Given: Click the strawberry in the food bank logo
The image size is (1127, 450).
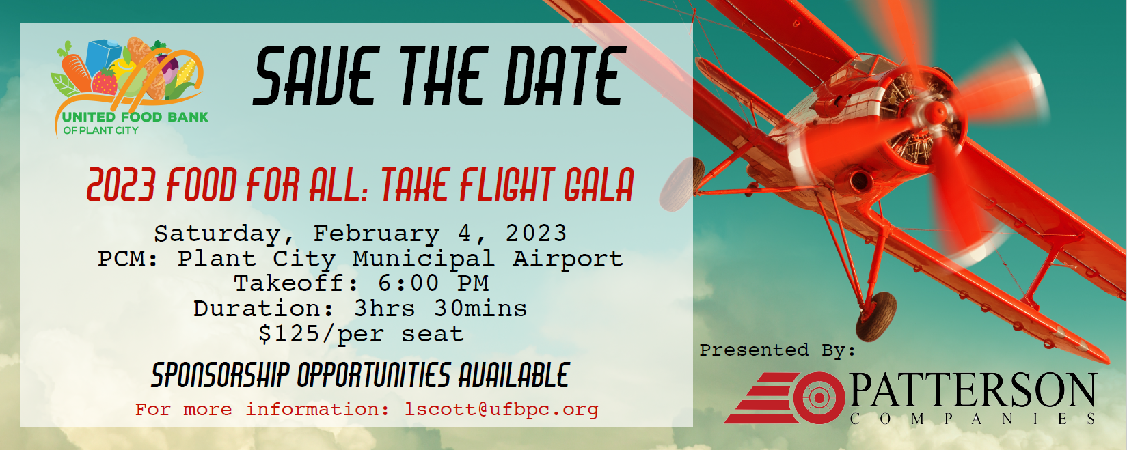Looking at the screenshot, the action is [105, 82].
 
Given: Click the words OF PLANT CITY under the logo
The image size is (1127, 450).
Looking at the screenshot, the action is [100, 130].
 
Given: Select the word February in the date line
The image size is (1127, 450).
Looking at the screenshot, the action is [376, 234].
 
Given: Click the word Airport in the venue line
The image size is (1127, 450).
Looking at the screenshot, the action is [567, 259].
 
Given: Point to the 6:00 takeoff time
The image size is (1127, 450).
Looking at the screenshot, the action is [408, 283].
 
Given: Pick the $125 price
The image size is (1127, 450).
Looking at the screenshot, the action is [289, 333].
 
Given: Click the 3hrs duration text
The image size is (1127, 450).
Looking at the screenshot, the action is [385, 308].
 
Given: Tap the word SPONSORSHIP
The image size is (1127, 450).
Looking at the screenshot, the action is [220, 375].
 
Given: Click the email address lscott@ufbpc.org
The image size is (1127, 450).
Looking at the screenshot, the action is [502, 410].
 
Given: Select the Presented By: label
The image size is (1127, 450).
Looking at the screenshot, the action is [777, 350].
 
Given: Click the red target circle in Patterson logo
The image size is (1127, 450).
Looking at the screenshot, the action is [819, 397].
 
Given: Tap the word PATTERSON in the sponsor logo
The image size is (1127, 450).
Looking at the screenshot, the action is [972, 391].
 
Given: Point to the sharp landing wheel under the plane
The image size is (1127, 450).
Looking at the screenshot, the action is [876, 316].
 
